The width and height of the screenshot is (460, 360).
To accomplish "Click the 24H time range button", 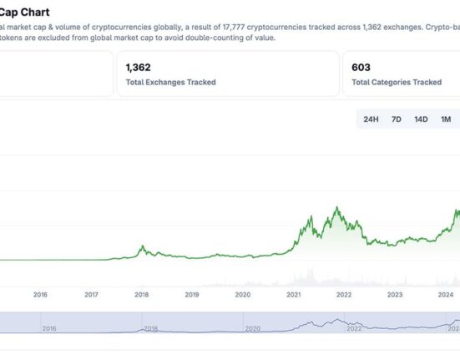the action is (371, 119).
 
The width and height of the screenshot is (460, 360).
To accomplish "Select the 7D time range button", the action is (396, 119).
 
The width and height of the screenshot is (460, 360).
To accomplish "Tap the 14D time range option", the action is (421, 119).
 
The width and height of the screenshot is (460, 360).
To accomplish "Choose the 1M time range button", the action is (446, 119).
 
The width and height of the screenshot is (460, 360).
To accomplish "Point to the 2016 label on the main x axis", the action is (40, 295).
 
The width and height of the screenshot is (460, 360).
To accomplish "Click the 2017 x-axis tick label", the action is (91, 295).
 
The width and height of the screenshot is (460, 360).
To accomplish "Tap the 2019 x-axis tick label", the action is (192, 295).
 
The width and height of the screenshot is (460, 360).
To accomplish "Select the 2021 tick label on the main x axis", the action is (294, 295).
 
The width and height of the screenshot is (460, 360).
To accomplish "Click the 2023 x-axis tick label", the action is (395, 295).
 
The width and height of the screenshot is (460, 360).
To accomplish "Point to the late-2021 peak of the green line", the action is (336, 207).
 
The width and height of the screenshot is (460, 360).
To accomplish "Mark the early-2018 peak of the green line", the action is (143, 246).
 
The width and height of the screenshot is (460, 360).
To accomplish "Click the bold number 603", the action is (361, 68).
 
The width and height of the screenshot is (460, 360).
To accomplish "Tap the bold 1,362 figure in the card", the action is (139, 68).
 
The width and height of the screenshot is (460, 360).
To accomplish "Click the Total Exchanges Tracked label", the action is (171, 82).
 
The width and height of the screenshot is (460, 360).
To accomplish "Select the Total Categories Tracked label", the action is (397, 82).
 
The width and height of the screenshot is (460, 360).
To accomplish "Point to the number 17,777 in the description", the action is (234, 28).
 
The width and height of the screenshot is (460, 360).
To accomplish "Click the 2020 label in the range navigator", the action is (253, 328).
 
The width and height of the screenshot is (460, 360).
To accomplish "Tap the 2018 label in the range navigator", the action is (150, 328).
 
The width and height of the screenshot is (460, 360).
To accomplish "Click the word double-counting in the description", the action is (217, 38).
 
